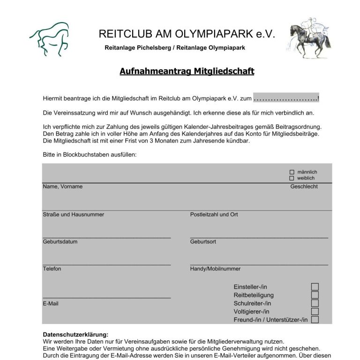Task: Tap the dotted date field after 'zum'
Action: point(286,98)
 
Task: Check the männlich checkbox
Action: point(292,172)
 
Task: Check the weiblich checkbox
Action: point(292,178)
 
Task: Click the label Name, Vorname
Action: point(62,187)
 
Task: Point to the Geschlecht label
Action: point(304,187)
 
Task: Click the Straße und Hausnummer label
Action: point(73,215)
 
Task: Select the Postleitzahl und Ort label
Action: point(214,215)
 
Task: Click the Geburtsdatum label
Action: point(60,242)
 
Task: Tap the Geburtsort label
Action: point(203,242)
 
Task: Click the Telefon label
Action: point(52,269)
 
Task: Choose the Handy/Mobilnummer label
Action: point(215,269)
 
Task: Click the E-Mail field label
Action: point(51,304)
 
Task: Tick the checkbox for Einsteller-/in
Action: point(315,287)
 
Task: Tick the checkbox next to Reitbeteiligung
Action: point(315,295)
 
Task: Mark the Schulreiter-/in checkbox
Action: point(315,303)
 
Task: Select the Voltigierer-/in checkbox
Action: point(315,312)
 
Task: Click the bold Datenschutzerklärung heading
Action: point(75,335)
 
